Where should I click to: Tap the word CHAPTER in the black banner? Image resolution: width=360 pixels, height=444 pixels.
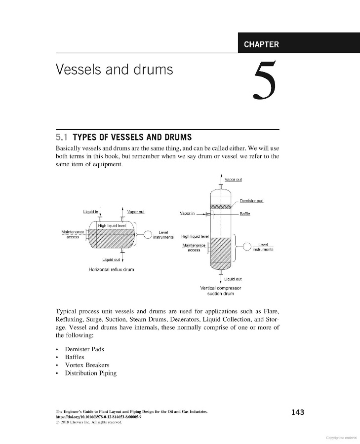(261, 44)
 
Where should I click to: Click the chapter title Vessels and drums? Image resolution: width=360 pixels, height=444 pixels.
(115, 70)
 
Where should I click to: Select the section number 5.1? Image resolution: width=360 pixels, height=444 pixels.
(62, 136)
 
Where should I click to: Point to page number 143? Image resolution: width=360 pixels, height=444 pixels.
(297, 412)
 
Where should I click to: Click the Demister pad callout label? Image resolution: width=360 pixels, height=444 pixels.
(251, 200)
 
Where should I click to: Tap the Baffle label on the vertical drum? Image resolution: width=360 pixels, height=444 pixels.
(245, 214)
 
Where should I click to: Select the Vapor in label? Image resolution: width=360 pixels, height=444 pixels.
(187, 214)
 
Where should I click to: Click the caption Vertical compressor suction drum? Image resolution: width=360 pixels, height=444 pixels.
(221, 291)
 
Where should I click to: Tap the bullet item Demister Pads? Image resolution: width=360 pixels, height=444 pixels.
(84, 349)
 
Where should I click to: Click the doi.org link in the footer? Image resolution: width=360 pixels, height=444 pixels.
(99, 416)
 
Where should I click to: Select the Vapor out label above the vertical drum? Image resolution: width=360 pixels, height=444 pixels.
(233, 180)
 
